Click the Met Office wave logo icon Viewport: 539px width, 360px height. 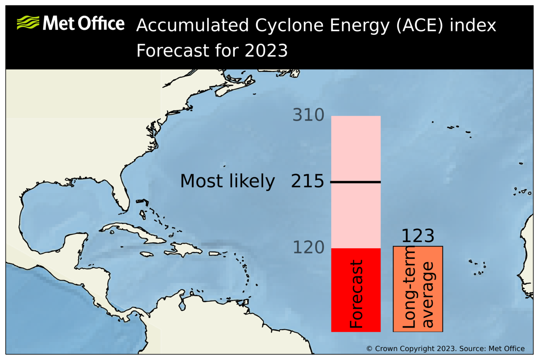coord(28,23)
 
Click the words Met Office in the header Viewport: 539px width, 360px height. coord(83,24)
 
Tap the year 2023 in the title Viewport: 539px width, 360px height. coord(266,51)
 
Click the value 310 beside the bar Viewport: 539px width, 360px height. coord(308,115)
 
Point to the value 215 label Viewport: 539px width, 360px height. coord(308,181)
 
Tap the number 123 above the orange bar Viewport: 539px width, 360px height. coord(418,236)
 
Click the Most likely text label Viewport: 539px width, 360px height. coord(227,181)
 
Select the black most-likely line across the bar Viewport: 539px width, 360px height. coord(356,182)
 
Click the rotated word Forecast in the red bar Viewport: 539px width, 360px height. coord(356,294)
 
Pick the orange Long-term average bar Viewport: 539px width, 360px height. coord(418,289)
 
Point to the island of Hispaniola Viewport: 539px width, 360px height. coord(183,250)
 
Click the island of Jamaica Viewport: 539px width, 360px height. coord(147,254)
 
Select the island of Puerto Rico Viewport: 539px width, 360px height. coord(215,254)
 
